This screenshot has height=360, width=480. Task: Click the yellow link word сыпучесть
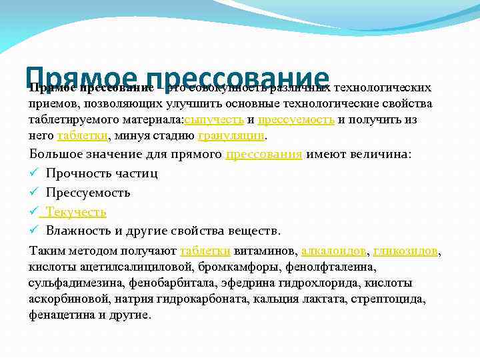(x=214, y=120)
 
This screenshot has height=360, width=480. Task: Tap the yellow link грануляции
(x=232, y=135)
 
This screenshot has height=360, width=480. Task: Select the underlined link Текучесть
(x=75, y=212)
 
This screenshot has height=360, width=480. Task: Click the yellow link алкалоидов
(x=333, y=251)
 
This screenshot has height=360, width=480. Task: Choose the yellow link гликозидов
(x=406, y=251)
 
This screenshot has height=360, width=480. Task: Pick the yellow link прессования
(x=264, y=155)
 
